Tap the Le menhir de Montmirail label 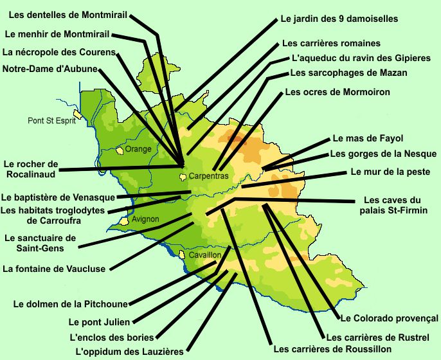pyautogui.click(x=57, y=33)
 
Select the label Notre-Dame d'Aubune pyautogui.click(x=50, y=69)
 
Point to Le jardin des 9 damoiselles pyautogui.click(x=339, y=19)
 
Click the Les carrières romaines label pyautogui.click(x=331, y=44)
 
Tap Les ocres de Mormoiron pyautogui.click(x=337, y=92)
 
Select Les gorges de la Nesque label pyautogui.click(x=383, y=154)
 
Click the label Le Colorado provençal pyautogui.click(x=389, y=318)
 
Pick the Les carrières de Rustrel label pyautogui.click(x=372, y=337)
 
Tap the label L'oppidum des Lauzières pyautogui.click(x=130, y=352)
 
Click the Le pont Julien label pyautogui.click(x=99, y=321)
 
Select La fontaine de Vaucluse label pyautogui.click(x=54, y=269)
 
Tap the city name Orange pyautogui.click(x=138, y=149)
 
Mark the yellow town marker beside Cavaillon pyautogui.click(x=183, y=255)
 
